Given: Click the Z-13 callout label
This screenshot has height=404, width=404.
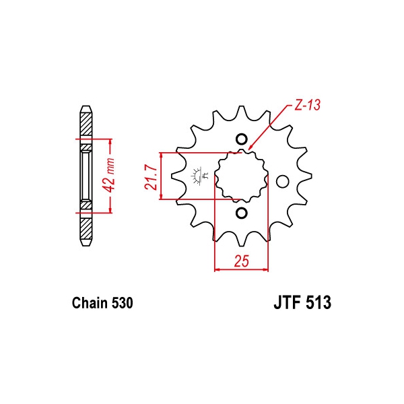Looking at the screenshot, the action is [x=308, y=105].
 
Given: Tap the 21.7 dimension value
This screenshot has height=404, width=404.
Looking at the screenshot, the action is [x=151, y=178].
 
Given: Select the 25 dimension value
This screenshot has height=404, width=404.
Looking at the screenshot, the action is [x=242, y=261].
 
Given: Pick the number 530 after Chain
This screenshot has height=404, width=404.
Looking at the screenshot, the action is [x=123, y=303].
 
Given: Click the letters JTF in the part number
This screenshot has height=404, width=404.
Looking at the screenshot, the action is [x=288, y=302].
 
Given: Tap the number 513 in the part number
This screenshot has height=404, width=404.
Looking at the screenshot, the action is [x=318, y=302].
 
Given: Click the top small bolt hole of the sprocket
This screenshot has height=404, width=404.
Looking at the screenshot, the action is [x=242, y=139].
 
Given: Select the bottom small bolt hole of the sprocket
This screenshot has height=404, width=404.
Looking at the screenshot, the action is [x=242, y=213].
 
